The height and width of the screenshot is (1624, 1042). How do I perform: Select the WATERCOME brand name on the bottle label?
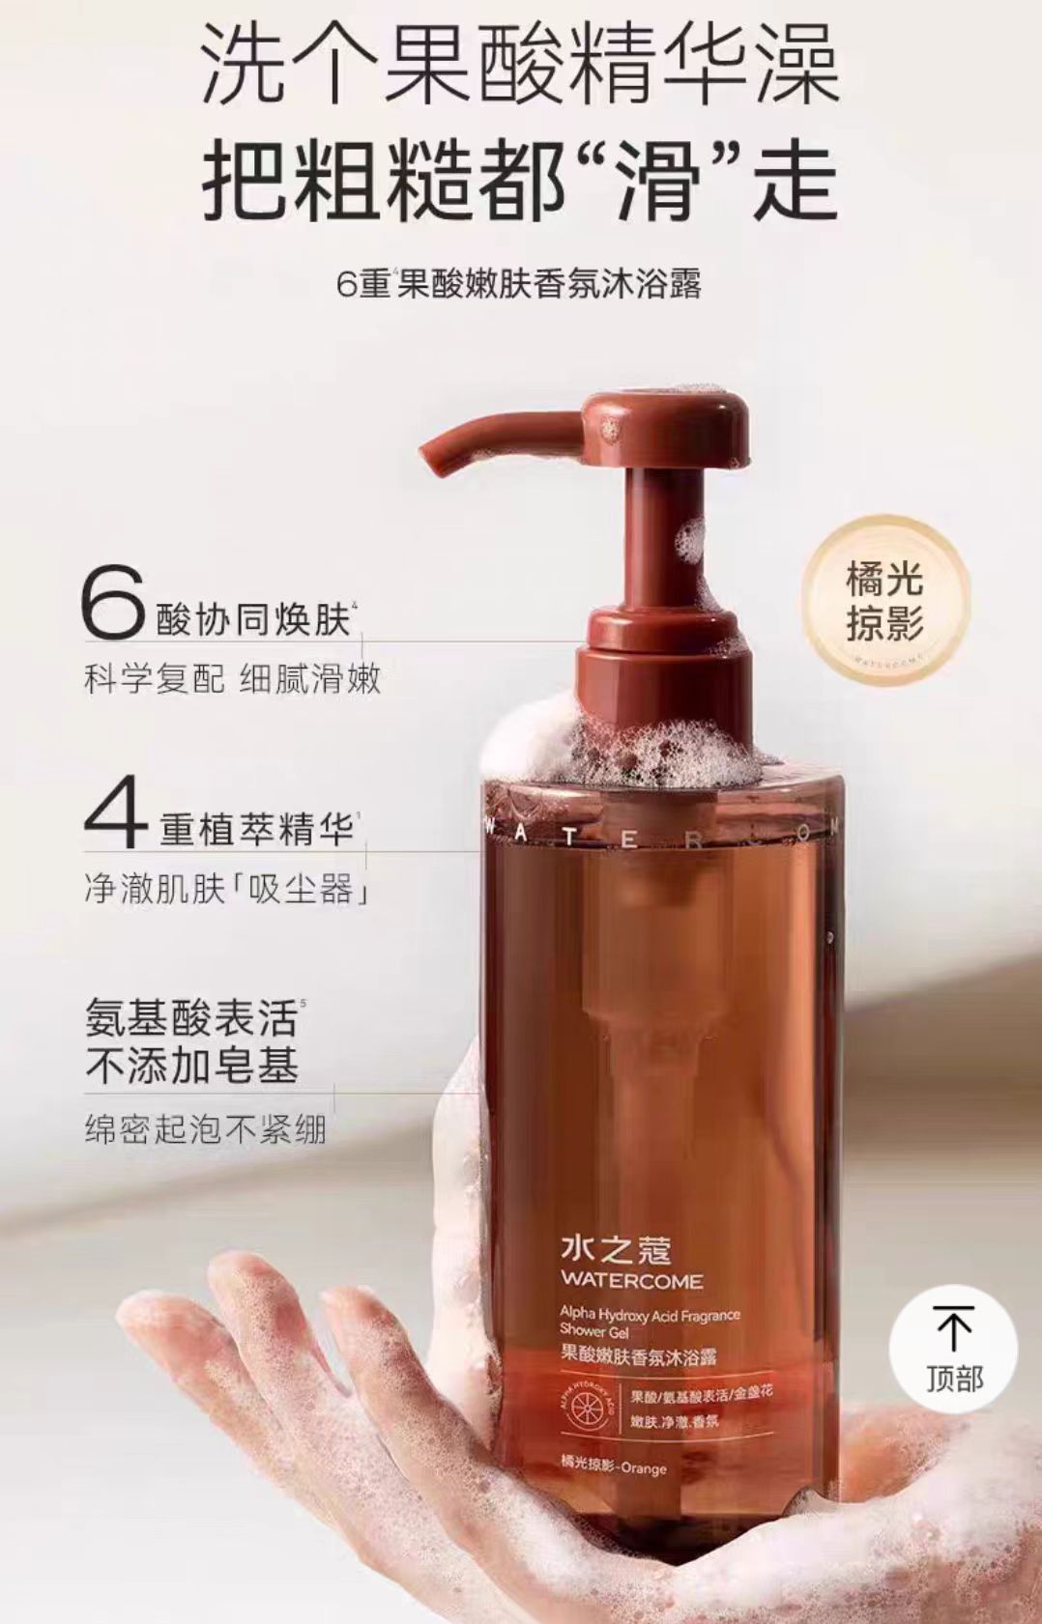point(631,1282)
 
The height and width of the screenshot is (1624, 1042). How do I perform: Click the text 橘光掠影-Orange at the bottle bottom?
point(613,1468)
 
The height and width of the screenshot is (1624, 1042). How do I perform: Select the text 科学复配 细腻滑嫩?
point(232,680)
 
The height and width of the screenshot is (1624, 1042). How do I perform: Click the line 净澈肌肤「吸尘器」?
point(228,889)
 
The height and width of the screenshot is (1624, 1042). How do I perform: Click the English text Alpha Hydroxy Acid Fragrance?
point(650,1314)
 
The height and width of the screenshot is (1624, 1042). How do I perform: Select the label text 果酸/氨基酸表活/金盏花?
point(700,1394)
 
